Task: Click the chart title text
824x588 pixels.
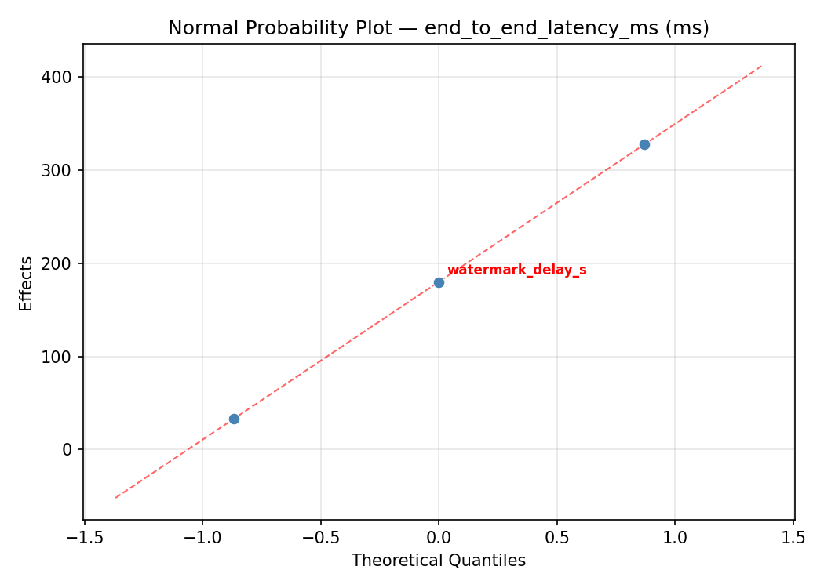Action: (439, 28)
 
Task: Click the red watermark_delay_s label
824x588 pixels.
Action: (516, 270)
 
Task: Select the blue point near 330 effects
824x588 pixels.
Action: (644, 144)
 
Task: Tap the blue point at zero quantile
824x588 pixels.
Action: (439, 282)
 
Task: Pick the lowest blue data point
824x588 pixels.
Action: (234, 419)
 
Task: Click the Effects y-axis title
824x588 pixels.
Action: (27, 283)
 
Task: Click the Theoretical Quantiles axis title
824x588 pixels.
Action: (439, 561)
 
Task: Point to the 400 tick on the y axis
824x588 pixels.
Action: (62, 77)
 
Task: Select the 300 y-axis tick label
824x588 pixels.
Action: (62, 170)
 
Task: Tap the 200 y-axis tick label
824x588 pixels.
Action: (62, 263)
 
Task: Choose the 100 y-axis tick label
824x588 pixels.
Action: (62, 357)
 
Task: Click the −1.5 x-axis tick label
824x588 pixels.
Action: (84, 538)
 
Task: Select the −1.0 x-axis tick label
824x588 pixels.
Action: (202, 538)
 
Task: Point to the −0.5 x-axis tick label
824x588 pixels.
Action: (320, 538)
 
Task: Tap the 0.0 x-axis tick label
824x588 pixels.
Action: (439, 538)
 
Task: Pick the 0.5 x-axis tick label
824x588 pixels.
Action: (557, 538)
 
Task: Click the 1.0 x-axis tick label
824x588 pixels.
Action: (675, 538)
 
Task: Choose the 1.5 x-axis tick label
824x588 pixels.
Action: (793, 538)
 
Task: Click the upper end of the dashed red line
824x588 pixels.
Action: (761, 66)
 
